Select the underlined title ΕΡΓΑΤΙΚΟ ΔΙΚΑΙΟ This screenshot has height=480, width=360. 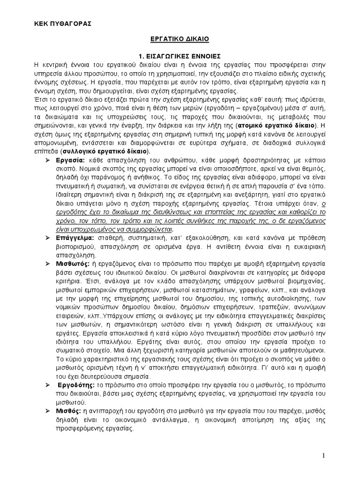180,41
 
